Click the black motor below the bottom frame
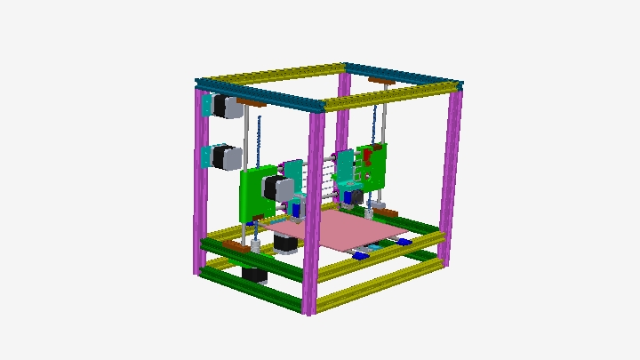255,275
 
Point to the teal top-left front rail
258,96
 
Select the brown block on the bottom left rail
233,246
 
